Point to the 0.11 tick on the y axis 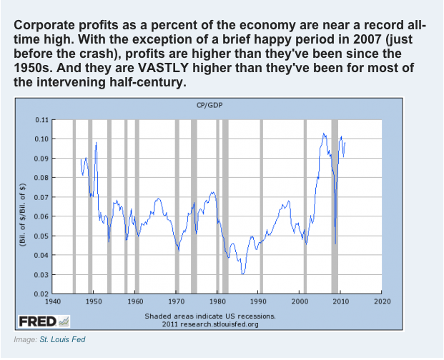click(41, 119)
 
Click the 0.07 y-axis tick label click(41, 196)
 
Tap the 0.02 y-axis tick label click(41, 294)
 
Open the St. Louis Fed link click(64, 339)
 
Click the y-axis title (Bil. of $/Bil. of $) click(24, 206)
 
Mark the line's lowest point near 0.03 click(243, 274)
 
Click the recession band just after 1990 click(262, 206)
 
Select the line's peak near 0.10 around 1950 click(96, 143)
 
